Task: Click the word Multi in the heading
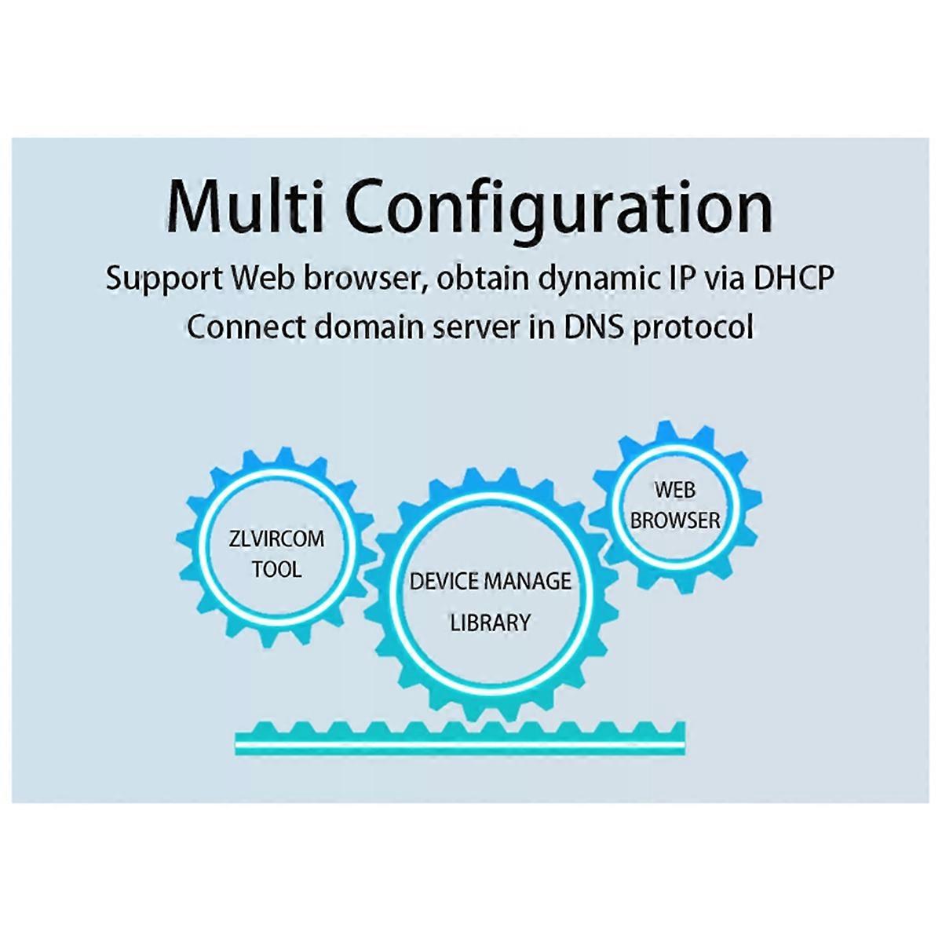(x=246, y=206)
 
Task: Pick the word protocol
(x=693, y=327)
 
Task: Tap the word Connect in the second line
(x=245, y=326)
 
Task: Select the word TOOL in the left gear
(x=276, y=568)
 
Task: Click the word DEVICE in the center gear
(x=444, y=582)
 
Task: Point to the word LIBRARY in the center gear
(x=490, y=623)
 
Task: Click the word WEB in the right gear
(x=675, y=490)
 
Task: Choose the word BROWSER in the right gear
(x=675, y=520)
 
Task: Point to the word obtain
(x=480, y=279)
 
